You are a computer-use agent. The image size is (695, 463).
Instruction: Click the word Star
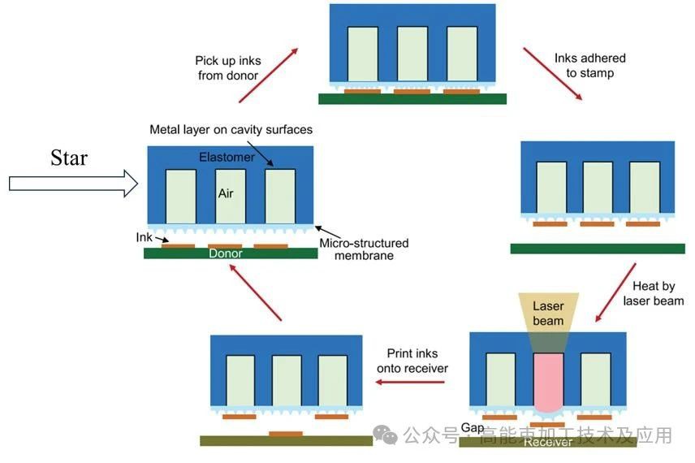coord(69,158)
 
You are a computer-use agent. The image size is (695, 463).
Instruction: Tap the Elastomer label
coord(227,157)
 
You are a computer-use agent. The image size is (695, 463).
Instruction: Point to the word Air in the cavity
coord(226,194)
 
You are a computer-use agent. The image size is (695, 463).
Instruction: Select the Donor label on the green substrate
coord(226,253)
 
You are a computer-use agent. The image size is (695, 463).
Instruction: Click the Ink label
coord(145,237)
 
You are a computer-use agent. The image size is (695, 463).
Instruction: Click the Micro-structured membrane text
coord(364,249)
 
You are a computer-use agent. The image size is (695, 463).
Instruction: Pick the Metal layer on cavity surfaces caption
coord(231,130)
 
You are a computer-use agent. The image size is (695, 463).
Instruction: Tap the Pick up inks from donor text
coord(227,68)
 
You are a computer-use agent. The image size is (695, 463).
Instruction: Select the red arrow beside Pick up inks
coord(268,75)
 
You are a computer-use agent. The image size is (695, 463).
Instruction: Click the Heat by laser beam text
coord(653,294)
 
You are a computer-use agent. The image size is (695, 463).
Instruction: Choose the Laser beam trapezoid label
coord(548,314)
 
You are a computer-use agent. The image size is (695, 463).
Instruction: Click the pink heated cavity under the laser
coord(548,382)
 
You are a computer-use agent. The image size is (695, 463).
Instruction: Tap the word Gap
coord(473,427)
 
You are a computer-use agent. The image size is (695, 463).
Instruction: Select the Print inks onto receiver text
coord(412,361)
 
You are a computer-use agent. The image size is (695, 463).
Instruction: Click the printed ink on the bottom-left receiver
coord(285,434)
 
